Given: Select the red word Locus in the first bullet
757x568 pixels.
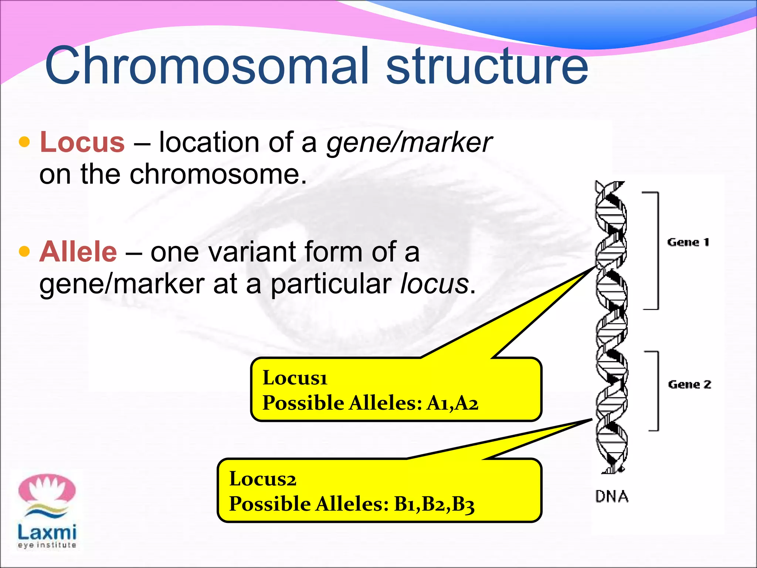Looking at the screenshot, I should (x=82, y=142).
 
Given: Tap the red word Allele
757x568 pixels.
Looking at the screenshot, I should (x=78, y=252).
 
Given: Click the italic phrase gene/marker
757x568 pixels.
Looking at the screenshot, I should (x=408, y=142).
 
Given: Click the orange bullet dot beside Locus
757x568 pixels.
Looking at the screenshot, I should (x=24, y=142).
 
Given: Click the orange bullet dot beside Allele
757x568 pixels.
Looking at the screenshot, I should (x=24, y=251).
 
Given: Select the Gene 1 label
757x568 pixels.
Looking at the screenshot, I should (x=688, y=243).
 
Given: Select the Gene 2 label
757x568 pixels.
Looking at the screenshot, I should (x=689, y=385).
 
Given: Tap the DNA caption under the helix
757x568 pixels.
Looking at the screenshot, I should (x=612, y=497).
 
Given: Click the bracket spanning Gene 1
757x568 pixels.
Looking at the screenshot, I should (x=657, y=251).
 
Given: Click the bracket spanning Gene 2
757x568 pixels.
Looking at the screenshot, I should (x=657, y=391).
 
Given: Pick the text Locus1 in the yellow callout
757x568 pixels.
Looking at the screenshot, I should (x=295, y=378).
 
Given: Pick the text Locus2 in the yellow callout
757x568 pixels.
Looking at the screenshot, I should (x=262, y=479).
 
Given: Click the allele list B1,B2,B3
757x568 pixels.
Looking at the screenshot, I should (x=434, y=504).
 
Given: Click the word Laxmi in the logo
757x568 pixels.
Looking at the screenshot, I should (x=47, y=532).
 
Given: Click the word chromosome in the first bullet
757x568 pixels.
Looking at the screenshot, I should (x=218, y=175).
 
